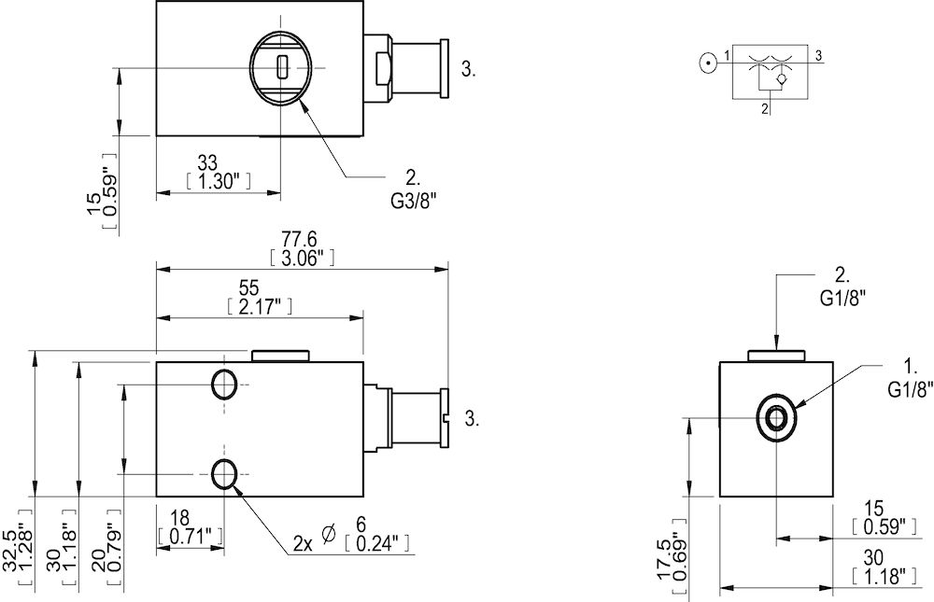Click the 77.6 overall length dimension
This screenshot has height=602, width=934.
coord(301,239)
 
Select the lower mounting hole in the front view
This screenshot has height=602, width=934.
coord(224,475)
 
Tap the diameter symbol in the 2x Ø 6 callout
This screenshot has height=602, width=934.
coord(328,533)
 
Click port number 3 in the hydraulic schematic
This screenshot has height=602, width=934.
coord(817,57)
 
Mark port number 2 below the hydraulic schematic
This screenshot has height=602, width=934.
coord(765,109)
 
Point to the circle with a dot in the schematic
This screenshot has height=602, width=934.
coord(709,63)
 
